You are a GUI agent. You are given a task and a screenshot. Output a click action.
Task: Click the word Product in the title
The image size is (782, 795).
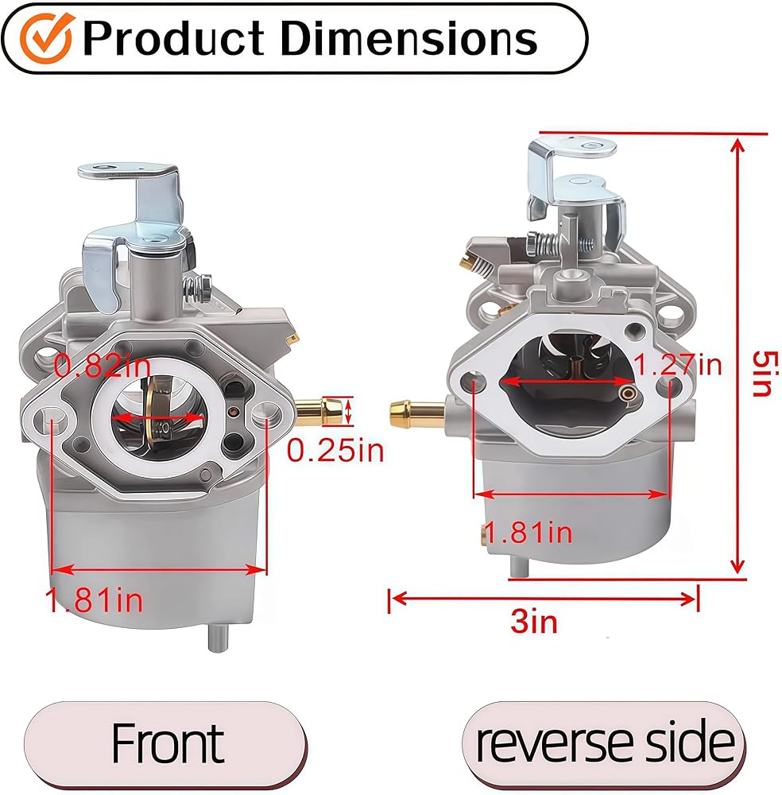[173, 38]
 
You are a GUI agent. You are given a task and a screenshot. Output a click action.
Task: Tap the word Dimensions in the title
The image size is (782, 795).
[408, 38]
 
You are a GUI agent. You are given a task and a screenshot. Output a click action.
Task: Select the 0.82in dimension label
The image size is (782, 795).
[103, 365]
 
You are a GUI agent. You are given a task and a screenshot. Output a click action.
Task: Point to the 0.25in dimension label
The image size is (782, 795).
[335, 450]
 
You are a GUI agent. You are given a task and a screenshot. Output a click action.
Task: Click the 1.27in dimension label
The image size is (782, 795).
[678, 364]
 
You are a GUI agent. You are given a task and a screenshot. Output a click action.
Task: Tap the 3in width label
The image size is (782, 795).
[534, 622]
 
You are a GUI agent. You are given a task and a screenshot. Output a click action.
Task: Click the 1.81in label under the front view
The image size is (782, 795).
[94, 600]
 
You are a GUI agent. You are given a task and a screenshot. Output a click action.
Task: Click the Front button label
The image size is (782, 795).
[167, 743]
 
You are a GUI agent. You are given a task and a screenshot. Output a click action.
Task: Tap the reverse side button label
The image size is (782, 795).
[605, 743]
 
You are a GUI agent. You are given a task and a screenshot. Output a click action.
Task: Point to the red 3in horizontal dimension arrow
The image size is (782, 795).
[544, 599]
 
